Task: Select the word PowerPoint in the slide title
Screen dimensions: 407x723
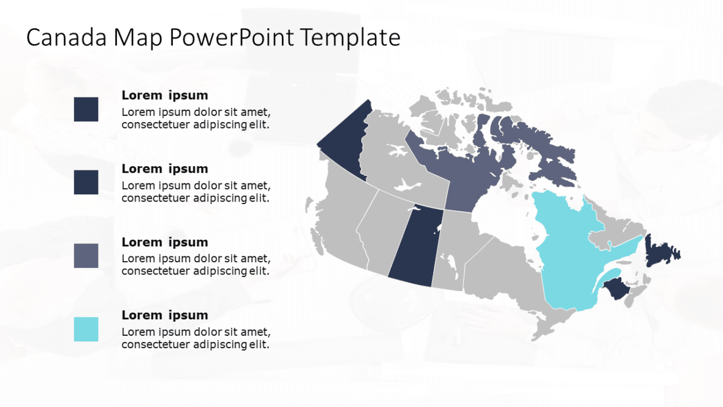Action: pyautogui.click(x=232, y=38)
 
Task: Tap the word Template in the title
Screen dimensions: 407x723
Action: pyautogui.click(x=350, y=38)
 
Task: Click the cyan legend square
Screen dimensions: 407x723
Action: pyautogui.click(x=86, y=329)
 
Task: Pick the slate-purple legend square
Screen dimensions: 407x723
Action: pyautogui.click(x=86, y=256)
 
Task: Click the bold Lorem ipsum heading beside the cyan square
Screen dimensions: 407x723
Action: pyautogui.click(x=165, y=315)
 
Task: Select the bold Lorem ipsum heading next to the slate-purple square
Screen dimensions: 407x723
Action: pyautogui.click(x=165, y=242)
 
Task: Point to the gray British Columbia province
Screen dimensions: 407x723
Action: pyautogui.click(x=343, y=221)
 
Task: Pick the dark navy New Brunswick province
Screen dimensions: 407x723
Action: pyautogui.click(x=619, y=289)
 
